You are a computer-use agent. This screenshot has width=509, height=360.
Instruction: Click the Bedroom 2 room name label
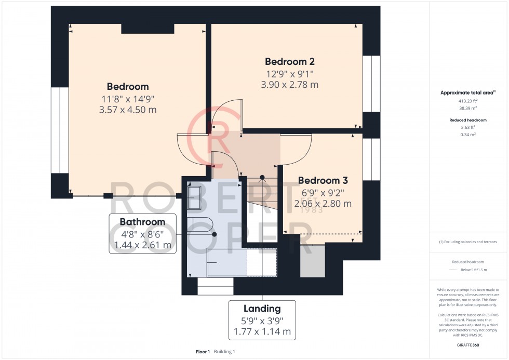point(290,61)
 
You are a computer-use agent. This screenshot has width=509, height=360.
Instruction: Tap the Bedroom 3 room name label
point(323,180)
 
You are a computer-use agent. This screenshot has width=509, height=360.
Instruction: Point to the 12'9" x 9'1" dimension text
point(290,74)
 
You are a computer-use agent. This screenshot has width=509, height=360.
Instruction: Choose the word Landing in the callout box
point(262,309)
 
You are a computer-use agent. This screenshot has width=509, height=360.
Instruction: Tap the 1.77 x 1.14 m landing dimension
point(262,331)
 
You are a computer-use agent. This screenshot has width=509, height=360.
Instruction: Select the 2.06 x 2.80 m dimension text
point(323,204)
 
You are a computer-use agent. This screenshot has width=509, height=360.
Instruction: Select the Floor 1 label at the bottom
point(203,352)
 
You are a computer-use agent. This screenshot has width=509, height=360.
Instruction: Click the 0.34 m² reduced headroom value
point(468,134)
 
